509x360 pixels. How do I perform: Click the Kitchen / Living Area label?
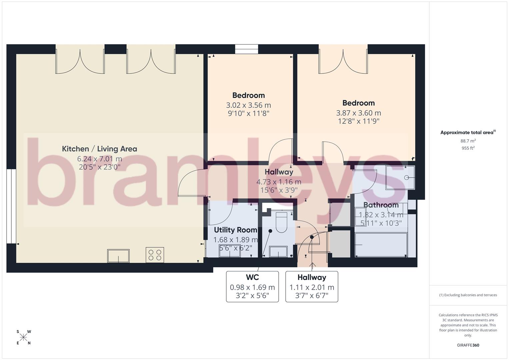point(99,149)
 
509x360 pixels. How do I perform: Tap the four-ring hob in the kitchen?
point(155,255)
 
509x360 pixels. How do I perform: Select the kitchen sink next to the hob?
point(118,256)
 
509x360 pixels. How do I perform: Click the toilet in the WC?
point(282,223)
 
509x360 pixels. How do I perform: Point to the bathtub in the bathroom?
point(381,245)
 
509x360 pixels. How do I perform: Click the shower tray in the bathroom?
point(400,177)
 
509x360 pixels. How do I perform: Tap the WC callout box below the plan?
point(252,287)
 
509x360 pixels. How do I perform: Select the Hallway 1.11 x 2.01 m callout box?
point(312,287)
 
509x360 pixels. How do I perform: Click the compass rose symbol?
point(23,337)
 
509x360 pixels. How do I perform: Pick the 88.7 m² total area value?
point(468,141)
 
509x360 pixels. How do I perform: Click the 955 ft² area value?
point(468,148)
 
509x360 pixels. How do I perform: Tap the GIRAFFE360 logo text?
point(468,345)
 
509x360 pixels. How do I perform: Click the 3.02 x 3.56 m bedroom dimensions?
point(248,105)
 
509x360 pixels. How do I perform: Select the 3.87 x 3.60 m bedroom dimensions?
point(358,113)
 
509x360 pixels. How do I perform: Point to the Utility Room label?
point(235,230)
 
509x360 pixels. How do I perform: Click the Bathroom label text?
point(381,205)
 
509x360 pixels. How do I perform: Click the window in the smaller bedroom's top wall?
point(247,49)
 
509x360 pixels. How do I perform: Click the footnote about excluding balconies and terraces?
point(468,295)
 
